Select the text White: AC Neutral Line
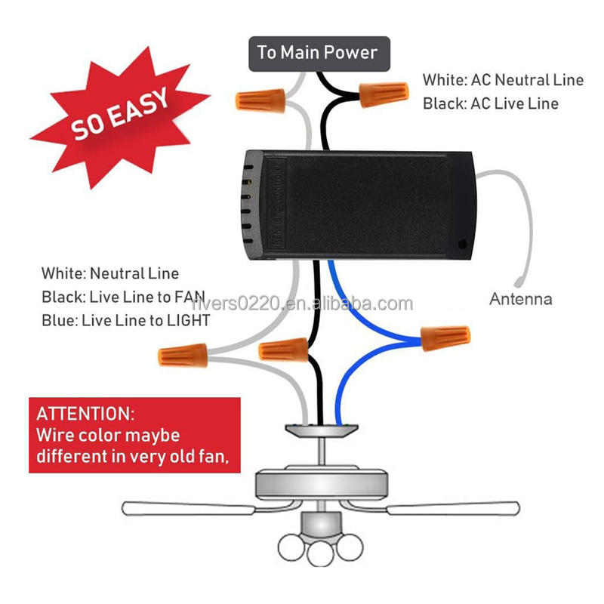click(x=503, y=80)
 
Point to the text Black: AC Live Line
click(x=491, y=103)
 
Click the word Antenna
click(x=521, y=299)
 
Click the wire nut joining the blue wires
click(x=445, y=336)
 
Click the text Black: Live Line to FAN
click(x=123, y=297)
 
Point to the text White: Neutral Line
click(x=110, y=273)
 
